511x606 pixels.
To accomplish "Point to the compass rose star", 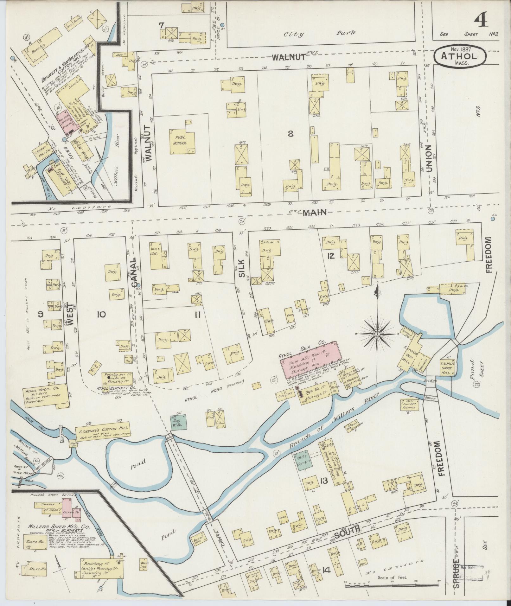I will click(378, 335).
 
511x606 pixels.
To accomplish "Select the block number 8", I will click(290, 134).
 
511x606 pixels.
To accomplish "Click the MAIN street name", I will click(314, 213).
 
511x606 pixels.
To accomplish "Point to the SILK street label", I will click(242, 269).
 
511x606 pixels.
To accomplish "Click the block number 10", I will click(101, 314).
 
